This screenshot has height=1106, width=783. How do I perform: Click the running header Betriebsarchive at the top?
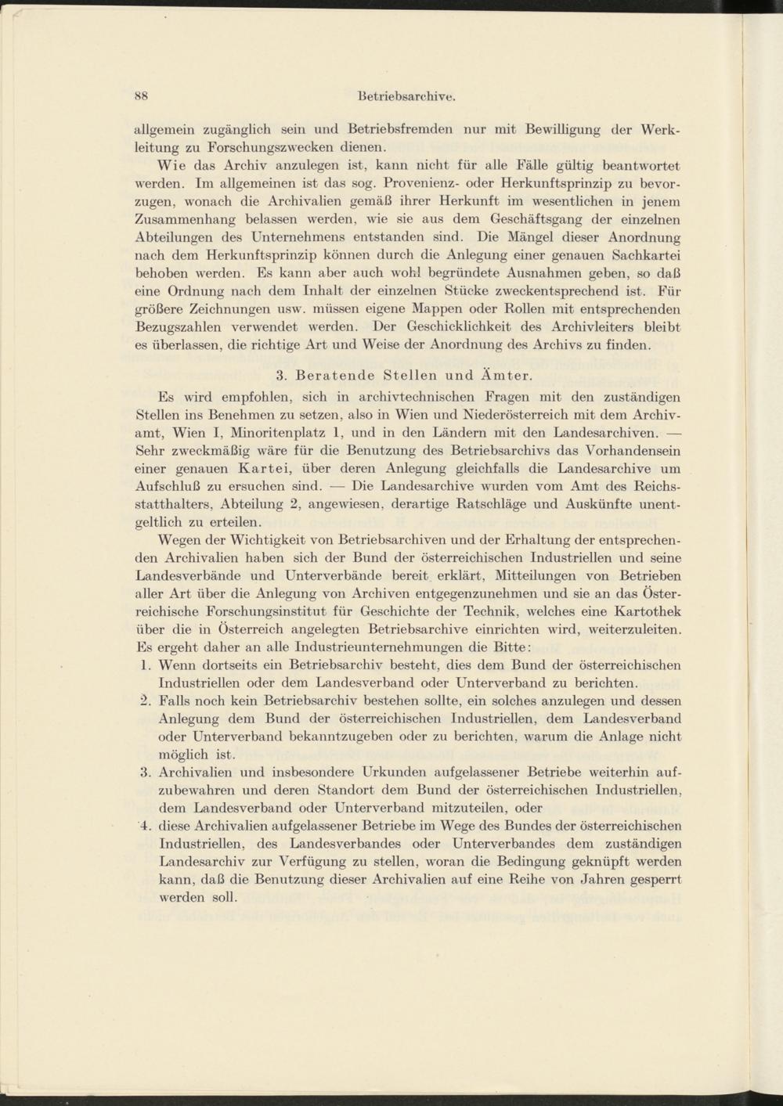point(406,98)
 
